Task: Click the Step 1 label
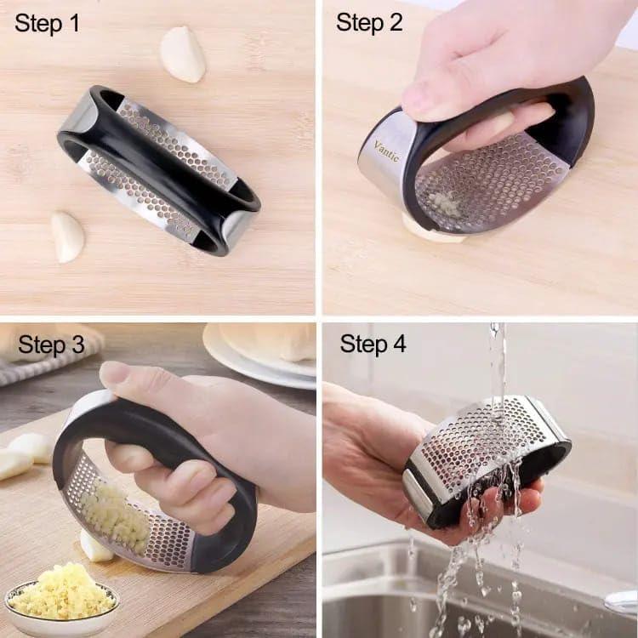tap(47, 23)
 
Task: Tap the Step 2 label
tap(369, 23)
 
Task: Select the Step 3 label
tap(51, 345)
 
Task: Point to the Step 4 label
tap(373, 344)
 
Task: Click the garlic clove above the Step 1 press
tap(184, 54)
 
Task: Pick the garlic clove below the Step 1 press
tap(67, 236)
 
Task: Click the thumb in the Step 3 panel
tap(128, 379)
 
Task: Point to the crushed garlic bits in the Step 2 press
tap(441, 202)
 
